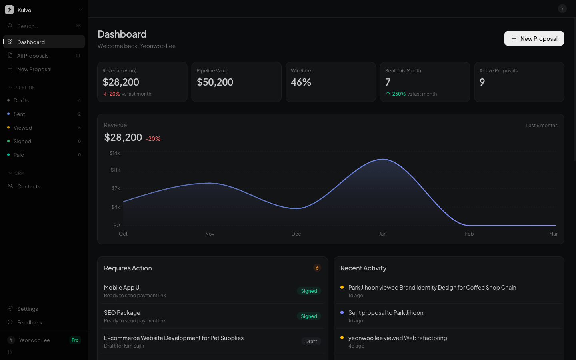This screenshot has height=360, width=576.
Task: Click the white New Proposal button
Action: [534, 38]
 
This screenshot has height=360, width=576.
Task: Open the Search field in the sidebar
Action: [44, 26]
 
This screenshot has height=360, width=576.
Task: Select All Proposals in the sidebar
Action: [44, 56]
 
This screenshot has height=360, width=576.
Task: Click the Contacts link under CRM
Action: [28, 186]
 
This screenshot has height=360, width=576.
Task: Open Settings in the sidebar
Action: [27, 309]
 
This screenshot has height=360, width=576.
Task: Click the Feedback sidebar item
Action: [30, 322]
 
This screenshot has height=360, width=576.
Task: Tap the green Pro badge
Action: [75, 340]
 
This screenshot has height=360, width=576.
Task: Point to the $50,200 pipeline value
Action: [215, 82]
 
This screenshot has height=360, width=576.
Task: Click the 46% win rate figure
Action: [301, 82]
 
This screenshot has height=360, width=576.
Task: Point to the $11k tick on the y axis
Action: [115, 170]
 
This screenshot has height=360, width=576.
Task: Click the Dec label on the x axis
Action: [296, 234]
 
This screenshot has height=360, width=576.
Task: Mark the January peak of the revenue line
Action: [383, 160]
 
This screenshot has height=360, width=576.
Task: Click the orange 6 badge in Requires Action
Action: [317, 268]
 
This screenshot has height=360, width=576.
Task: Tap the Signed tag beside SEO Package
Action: [309, 316]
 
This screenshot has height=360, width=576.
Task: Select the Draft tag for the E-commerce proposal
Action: [311, 342]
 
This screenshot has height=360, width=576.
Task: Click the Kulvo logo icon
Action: [9, 10]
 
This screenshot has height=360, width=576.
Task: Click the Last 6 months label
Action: [542, 126]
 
